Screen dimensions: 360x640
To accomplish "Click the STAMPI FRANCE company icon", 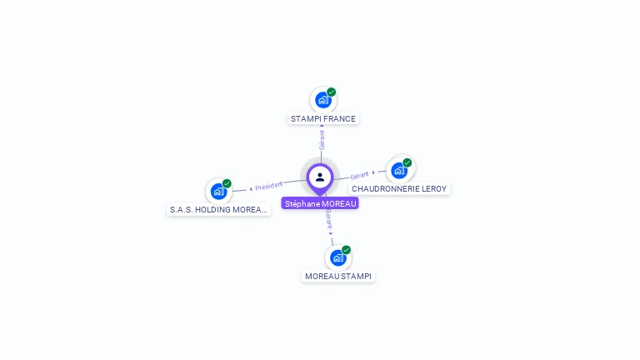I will tap(322, 100).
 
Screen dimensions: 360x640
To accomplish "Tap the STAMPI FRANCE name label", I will tap(323, 119).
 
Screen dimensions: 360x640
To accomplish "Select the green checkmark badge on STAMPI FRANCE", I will tap(332, 92).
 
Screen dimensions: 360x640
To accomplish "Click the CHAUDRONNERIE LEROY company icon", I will tap(399, 170).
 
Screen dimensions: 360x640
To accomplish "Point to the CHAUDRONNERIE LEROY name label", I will tap(399, 189).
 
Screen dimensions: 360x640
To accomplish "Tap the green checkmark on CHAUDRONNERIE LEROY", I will tap(407, 162).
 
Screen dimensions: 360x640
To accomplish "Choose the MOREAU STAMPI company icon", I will tap(337, 257).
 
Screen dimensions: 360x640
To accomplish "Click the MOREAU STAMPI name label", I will tap(338, 277).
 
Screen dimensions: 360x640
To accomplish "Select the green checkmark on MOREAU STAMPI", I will tap(347, 250).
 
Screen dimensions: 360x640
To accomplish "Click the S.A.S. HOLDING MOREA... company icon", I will tap(218, 191).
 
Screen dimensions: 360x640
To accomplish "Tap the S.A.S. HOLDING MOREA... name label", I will tap(218, 210).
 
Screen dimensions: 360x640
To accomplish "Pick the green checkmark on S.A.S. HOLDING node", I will tap(227, 183).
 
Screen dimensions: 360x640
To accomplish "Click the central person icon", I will tap(320, 177).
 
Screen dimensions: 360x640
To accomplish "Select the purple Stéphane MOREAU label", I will tap(320, 203).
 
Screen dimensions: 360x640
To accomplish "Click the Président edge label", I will tap(268, 185).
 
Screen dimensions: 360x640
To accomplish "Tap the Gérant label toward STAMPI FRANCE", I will tap(322, 139).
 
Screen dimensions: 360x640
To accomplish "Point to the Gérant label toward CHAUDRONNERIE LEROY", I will tap(359, 175).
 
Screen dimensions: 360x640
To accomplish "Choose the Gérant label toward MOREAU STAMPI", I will tap(329, 219).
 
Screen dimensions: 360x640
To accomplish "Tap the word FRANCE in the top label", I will tap(339, 119).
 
